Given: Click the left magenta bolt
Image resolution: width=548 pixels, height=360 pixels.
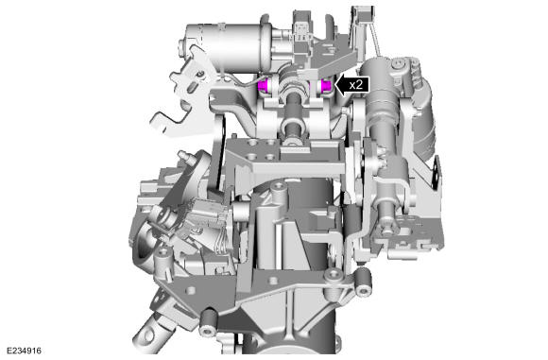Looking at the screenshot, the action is [263, 85].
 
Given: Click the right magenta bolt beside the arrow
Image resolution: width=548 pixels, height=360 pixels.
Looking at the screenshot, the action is [327, 85].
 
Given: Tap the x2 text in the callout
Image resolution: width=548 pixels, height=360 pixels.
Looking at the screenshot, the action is [356, 85].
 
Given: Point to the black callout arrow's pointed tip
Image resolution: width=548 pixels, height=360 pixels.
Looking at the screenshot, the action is [335, 85].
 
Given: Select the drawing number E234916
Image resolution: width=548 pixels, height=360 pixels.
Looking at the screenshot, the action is [24, 351].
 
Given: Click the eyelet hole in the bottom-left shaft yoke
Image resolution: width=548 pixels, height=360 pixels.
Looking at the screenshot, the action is [148, 335].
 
